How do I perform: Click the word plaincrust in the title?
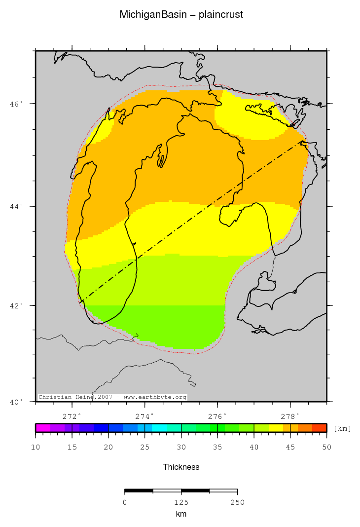[221, 15]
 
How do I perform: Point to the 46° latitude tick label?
[17, 104]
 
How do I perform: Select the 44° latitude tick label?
[17, 206]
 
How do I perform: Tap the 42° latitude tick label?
[17, 305]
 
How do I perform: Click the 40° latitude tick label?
[17, 402]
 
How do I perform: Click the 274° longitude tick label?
[145, 415]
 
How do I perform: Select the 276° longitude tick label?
[217, 415]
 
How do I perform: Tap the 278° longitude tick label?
[290, 415]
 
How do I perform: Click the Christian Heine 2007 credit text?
[112, 397]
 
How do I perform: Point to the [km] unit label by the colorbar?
[342, 428]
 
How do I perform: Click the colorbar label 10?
[36, 448]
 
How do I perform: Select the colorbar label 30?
[181, 448]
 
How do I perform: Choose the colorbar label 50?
[326, 448]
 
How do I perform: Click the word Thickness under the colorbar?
[181, 467]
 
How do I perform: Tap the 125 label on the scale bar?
[181, 502]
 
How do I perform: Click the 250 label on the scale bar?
[237, 502]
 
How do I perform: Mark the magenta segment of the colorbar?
[43, 428]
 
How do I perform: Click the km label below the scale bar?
[181, 514]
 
